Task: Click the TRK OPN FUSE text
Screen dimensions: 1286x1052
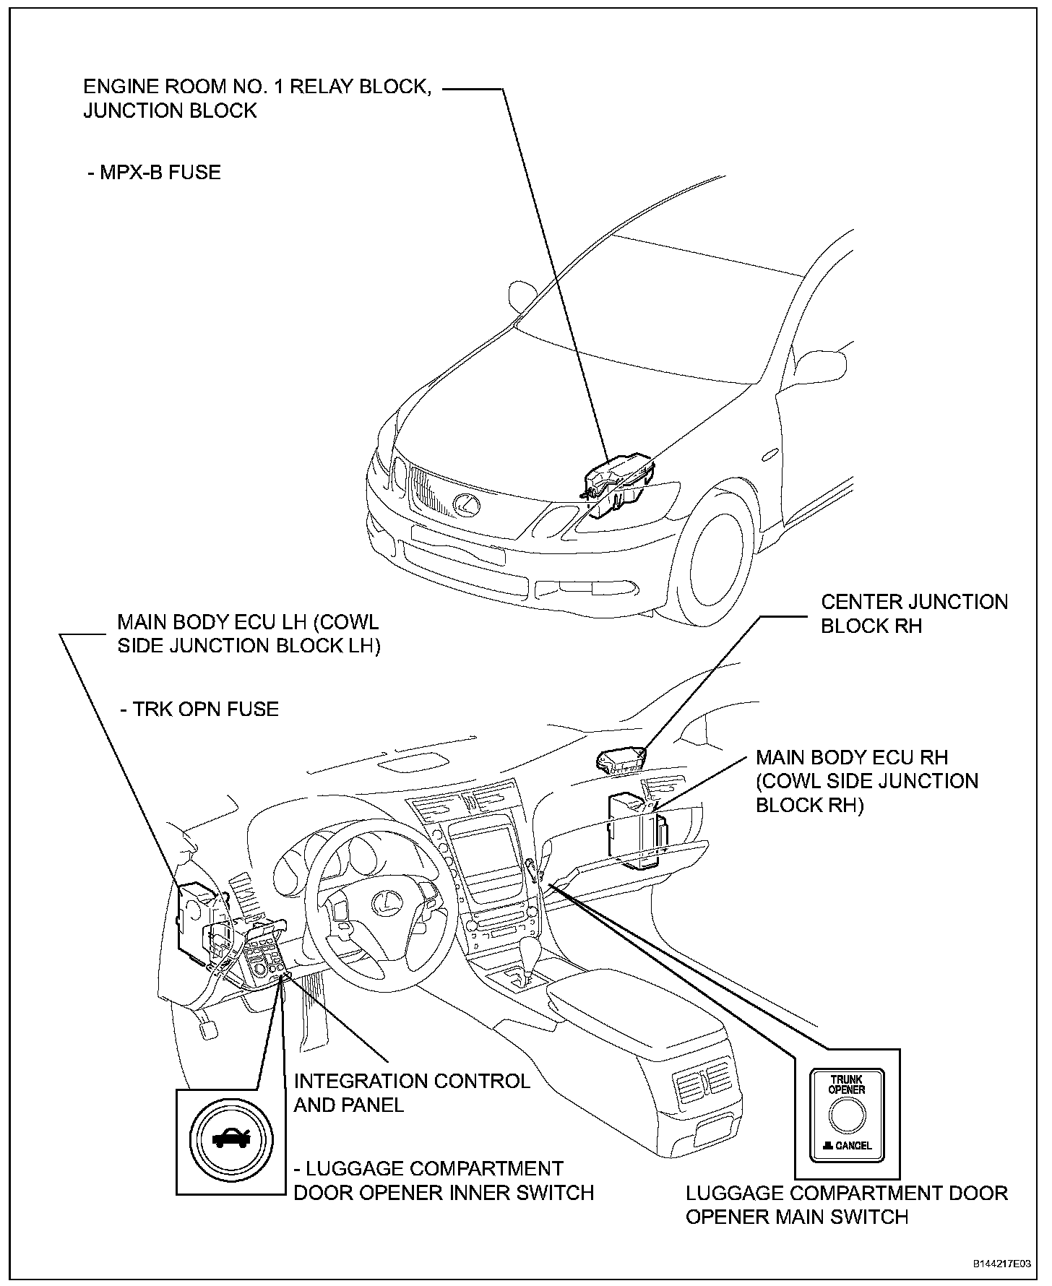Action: point(199,709)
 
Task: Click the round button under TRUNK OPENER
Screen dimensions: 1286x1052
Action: point(847,1115)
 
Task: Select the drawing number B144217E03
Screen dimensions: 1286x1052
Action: point(1001,1264)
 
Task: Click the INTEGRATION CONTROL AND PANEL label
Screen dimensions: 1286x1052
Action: point(412,1092)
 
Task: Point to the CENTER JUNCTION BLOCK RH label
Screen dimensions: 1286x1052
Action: point(913,613)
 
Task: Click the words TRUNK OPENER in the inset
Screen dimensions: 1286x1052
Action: point(847,1084)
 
